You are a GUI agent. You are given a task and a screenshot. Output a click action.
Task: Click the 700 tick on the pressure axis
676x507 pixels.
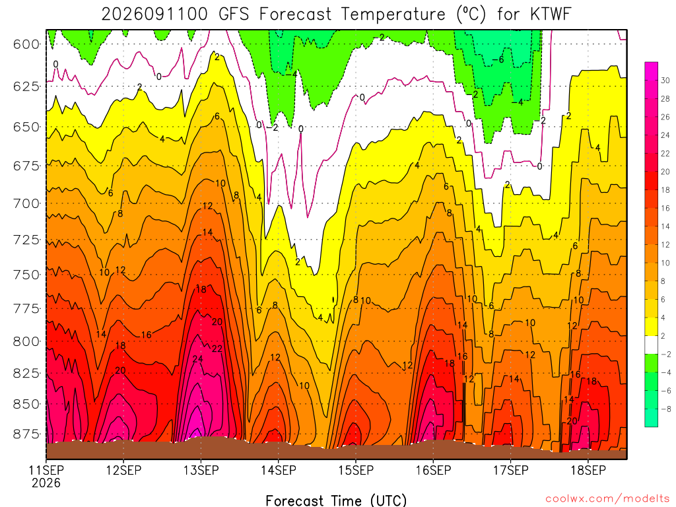26,203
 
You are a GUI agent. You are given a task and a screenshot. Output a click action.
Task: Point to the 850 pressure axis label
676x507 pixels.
26,405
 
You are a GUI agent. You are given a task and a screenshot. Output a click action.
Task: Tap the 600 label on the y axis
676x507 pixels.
26,44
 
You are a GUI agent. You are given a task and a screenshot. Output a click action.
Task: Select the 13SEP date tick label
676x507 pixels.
201,470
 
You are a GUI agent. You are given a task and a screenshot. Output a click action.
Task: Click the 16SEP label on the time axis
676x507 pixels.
433,470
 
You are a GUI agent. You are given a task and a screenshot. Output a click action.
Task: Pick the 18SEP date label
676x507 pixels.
588,470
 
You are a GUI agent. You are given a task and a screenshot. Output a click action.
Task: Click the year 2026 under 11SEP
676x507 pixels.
46,483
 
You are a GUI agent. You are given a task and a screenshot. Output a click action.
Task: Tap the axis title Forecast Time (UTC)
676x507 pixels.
336,500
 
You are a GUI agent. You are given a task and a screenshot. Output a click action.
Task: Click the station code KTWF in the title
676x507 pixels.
551,15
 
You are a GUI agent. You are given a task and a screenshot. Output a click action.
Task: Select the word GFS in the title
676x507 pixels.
234,15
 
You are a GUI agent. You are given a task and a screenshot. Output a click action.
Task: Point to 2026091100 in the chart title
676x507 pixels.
154,15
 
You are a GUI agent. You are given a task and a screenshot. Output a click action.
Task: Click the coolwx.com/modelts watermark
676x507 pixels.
607,499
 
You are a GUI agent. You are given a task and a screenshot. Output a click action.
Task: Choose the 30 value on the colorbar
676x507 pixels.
665,81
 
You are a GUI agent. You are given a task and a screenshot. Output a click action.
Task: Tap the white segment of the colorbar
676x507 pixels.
652,345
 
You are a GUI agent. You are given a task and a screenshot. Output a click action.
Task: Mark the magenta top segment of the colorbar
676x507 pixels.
652,71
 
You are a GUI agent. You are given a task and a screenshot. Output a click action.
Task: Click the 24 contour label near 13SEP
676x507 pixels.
197,359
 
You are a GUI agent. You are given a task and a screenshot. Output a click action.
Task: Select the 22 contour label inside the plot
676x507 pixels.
217,349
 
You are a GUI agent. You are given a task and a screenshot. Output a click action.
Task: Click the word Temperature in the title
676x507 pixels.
393,15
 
